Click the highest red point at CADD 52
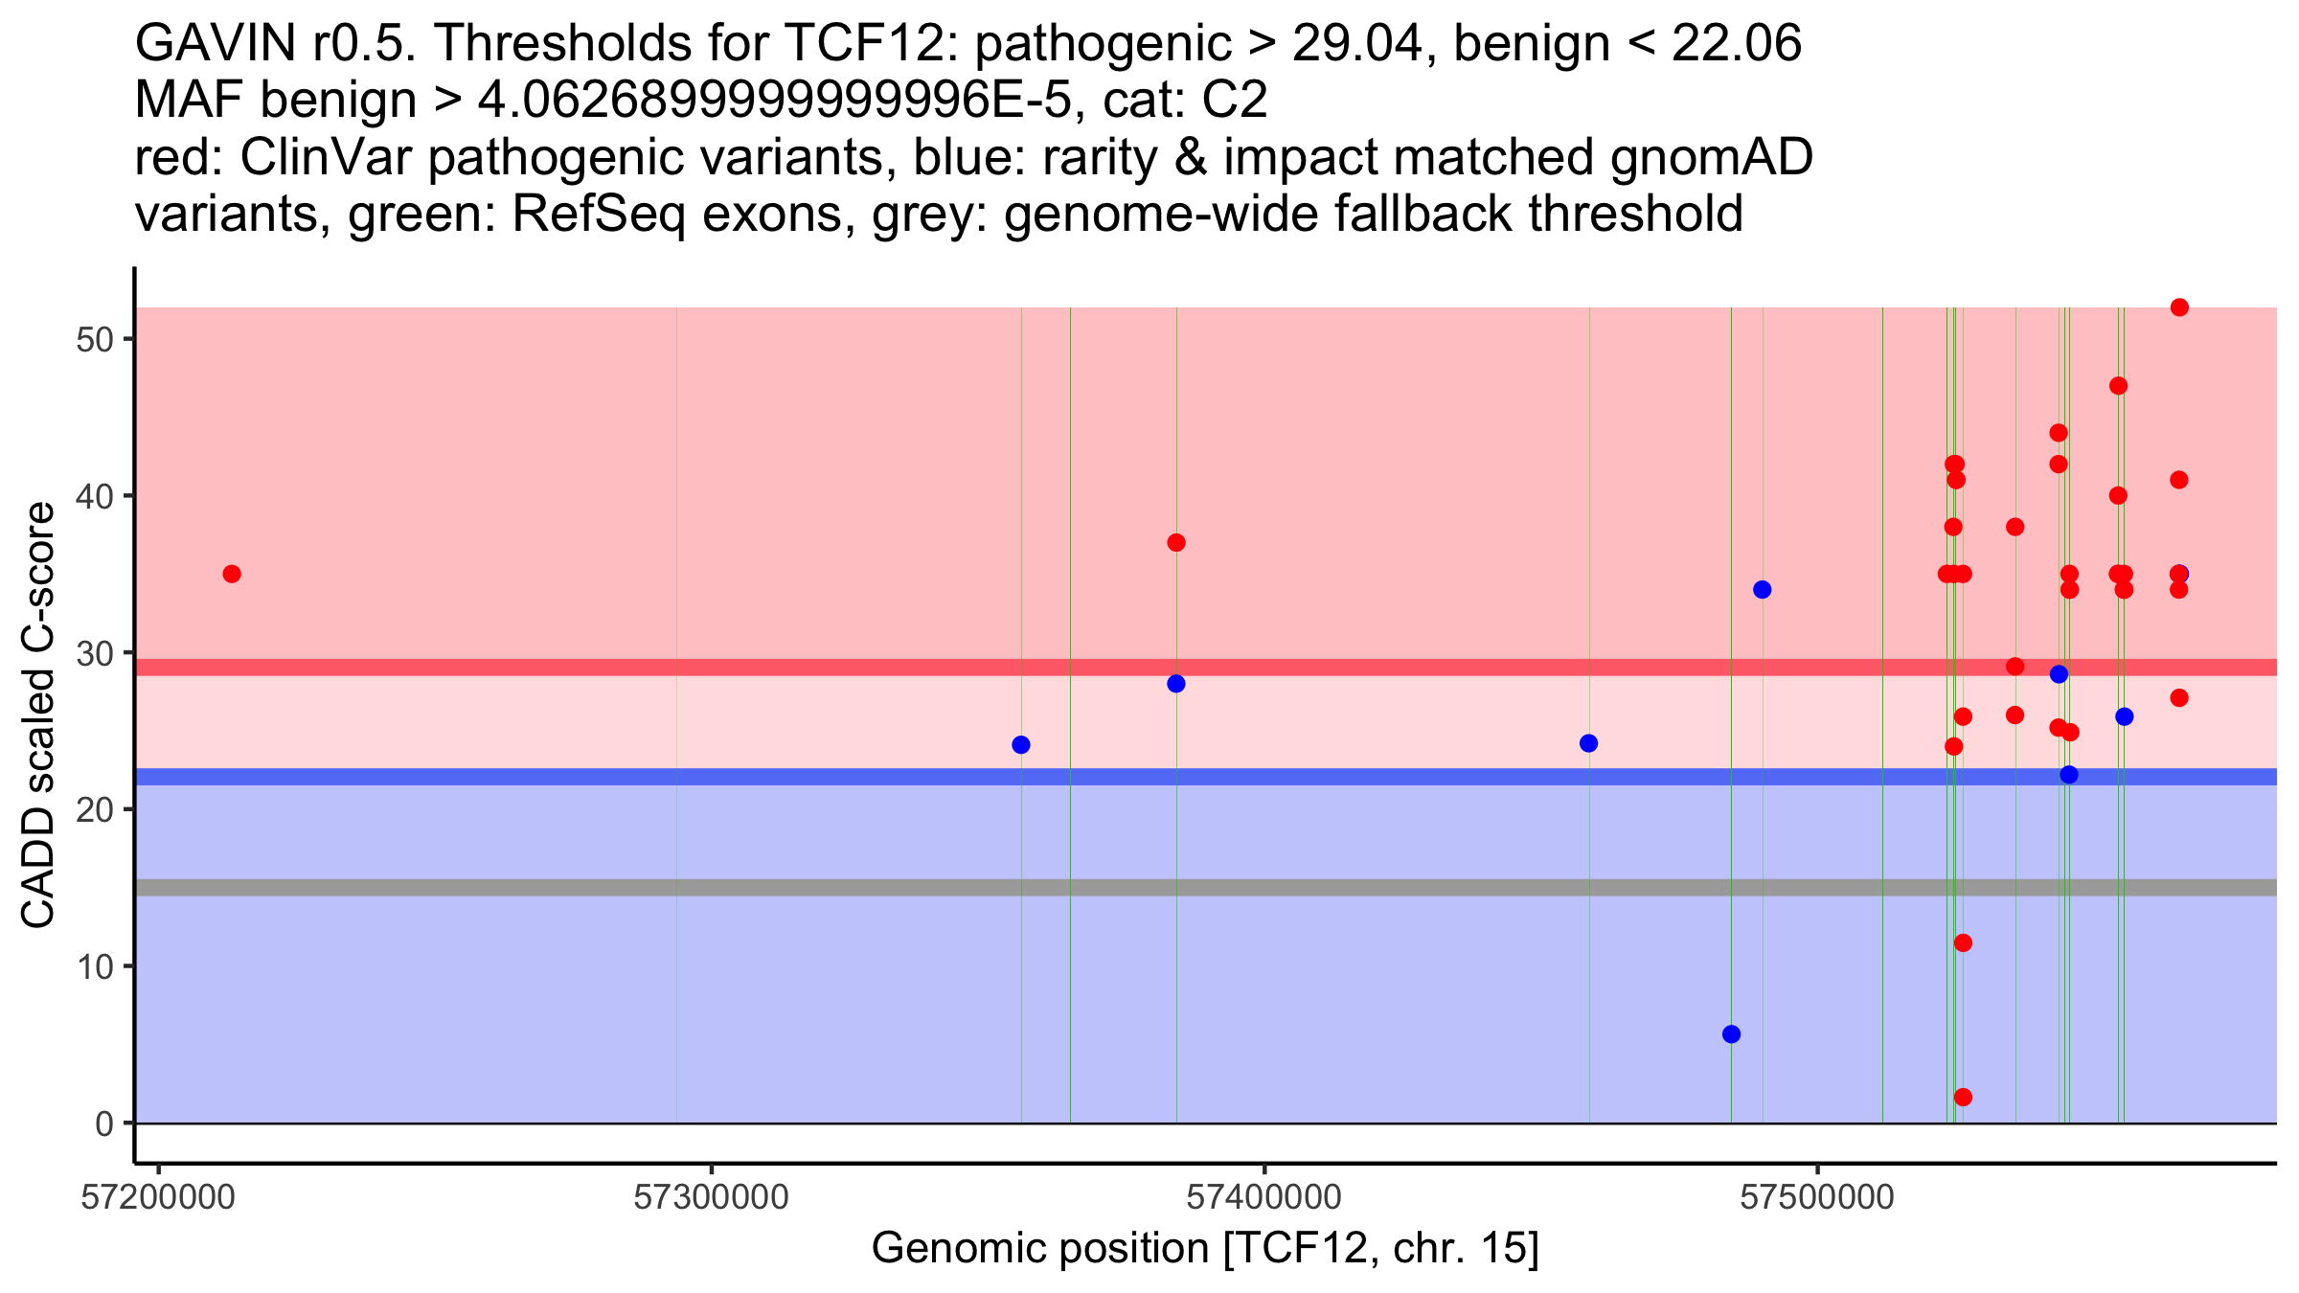[x=2179, y=307]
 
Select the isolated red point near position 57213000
[x=232, y=574]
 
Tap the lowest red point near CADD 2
[x=1963, y=1097]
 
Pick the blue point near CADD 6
[x=1731, y=1034]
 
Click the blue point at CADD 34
[x=1763, y=590]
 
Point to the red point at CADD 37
[x=1176, y=543]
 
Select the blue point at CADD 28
[x=1176, y=684]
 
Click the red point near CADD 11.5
[x=1963, y=942]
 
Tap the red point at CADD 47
[x=2119, y=386]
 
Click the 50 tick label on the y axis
[x=95, y=340]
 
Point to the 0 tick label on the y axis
[x=104, y=1123]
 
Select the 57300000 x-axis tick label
[x=712, y=1198]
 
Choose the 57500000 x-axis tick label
[x=1817, y=1198]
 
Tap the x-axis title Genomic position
[x=1205, y=1249]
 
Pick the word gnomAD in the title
[x=1711, y=157]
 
